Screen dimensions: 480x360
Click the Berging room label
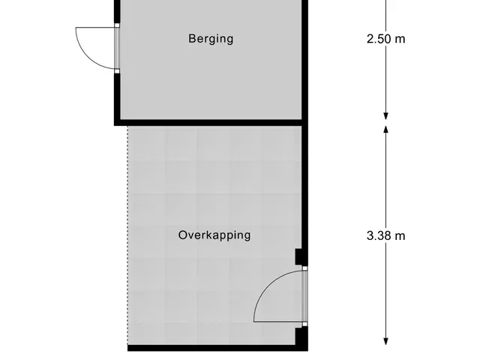click(211, 39)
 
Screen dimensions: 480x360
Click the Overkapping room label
click(214, 235)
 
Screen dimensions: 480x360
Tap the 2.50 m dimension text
click(385, 39)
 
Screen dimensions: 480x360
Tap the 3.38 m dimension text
click(385, 235)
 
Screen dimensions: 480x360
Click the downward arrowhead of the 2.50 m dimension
click(386, 116)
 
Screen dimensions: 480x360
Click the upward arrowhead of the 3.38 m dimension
click(386, 130)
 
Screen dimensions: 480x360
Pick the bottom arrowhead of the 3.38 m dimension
click(386, 341)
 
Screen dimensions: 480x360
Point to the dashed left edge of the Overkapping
click(127, 235)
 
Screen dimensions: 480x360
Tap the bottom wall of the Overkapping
click(217, 348)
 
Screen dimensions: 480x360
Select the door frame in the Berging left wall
click(117, 48)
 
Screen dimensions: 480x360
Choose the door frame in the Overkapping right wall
click(305, 296)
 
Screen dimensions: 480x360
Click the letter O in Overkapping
click(183, 235)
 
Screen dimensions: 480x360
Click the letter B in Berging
click(192, 38)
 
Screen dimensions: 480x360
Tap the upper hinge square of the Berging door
click(117, 25)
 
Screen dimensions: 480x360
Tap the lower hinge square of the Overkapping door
click(305, 324)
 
